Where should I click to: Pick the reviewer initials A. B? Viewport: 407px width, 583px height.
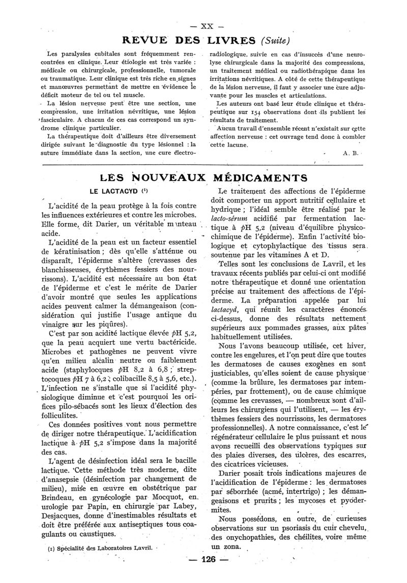pos(349,153)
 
